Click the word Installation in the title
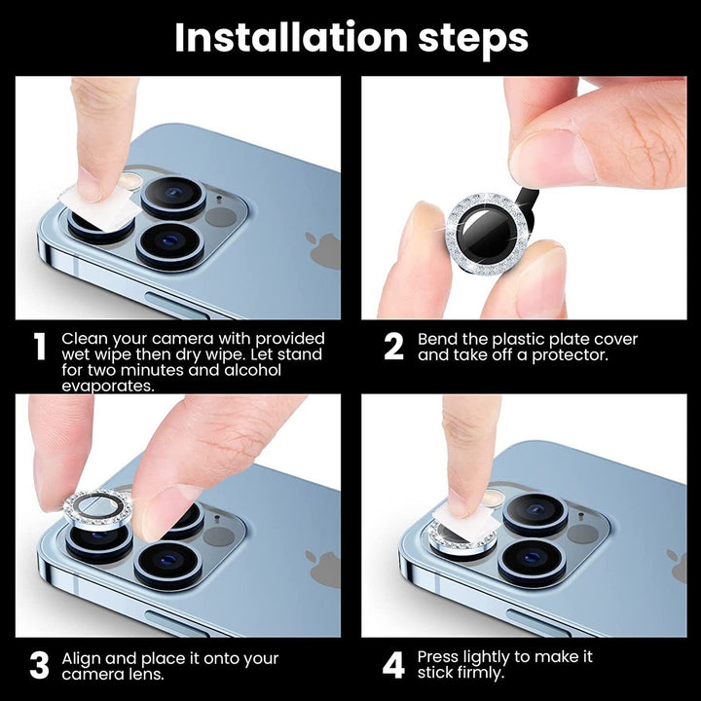click(290, 38)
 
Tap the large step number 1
click(40, 347)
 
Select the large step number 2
click(393, 347)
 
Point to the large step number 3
click(39, 666)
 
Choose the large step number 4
click(394, 665)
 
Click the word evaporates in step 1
click(108, 387)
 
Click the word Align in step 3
click(81, 659)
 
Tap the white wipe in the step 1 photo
click(96, 208)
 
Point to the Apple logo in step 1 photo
click(323, 251)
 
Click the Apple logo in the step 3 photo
click(323, 570)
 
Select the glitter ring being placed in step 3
click(98, 508)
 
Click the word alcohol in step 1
click(253, 370)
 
